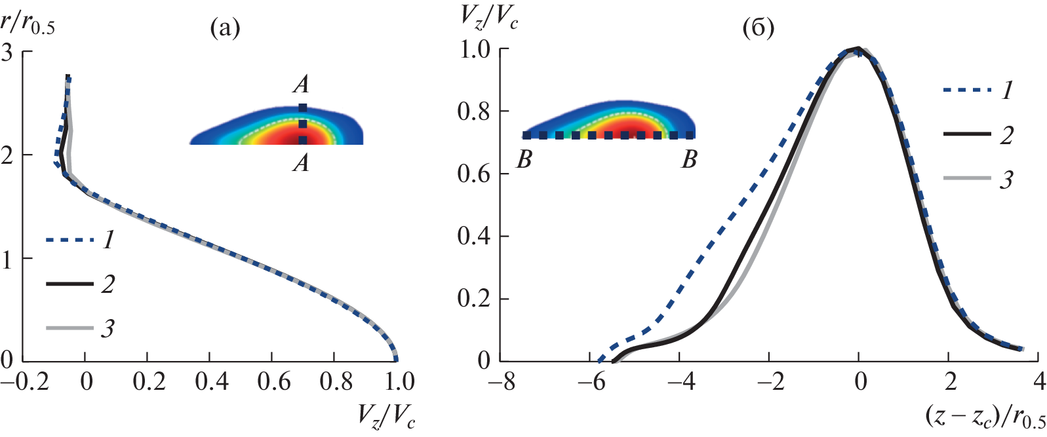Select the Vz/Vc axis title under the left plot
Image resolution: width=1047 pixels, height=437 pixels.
386,416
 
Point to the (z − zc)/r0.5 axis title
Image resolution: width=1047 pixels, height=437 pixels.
985,416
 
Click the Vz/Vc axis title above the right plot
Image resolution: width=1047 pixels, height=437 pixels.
488,18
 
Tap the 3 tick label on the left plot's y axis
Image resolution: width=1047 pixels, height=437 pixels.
7,52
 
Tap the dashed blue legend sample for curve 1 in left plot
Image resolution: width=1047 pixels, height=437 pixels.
69,240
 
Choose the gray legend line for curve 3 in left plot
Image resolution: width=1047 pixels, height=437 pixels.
69,327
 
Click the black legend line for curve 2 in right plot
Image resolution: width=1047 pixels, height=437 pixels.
967,134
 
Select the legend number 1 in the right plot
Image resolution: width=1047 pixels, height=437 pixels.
1007,90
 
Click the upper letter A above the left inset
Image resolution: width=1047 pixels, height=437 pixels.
301,84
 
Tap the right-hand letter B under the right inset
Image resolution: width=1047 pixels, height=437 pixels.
689,159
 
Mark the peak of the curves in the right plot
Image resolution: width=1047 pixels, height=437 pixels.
858,50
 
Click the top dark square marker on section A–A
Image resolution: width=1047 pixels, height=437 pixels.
302,107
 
